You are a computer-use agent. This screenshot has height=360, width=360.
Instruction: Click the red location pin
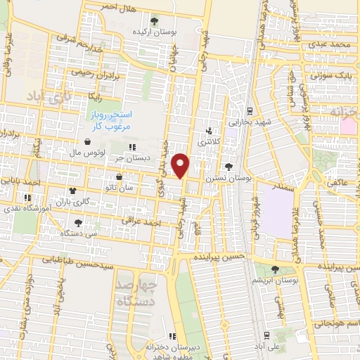pyautogui.click(x=181, y=165)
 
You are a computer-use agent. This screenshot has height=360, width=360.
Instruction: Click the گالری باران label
pyautogui.click(x=72, y=200)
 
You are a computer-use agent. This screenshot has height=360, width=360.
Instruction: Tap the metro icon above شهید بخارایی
pyautogui.click(x=250, y=111)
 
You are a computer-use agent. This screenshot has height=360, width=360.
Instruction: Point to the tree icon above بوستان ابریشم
pyautogui.click(x=274, y=269)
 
